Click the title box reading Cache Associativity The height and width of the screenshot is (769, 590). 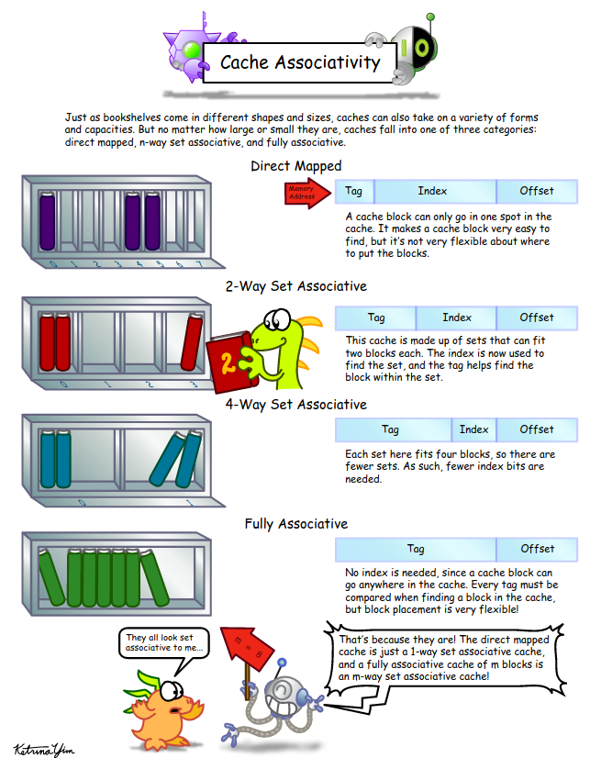click(x=300, y=62)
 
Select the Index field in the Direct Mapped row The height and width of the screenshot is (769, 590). click(x=432, y=191)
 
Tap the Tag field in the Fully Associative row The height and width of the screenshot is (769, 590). click(x=415, y=549)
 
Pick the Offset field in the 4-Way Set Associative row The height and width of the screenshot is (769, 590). click(x=537, y=429)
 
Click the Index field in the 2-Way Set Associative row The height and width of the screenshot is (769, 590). click(x=456, y=318)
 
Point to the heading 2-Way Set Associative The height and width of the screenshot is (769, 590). click(x=295, y=285)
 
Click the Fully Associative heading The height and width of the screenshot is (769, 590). click(x=295, y=524)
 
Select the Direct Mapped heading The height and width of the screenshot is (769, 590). click(x=295, y=166)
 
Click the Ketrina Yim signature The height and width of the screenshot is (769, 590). click(x=42, y=750)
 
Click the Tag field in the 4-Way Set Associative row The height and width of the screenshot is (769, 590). click(x=391, y=429)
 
